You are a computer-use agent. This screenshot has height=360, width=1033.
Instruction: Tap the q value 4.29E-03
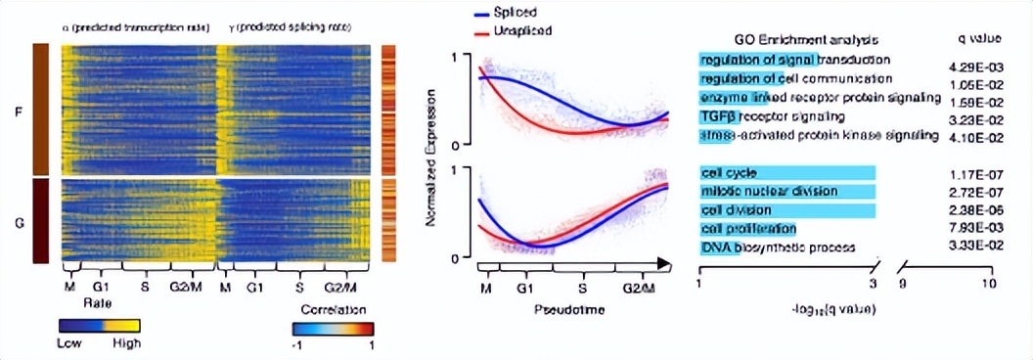click(x=978, y=62)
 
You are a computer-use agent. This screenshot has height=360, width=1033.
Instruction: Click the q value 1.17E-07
click(x=978, y=174)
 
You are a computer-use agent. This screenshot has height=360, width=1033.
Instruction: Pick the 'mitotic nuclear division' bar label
click(x=760, y=192)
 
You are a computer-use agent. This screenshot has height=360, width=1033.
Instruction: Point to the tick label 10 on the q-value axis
click(x=988, y=283)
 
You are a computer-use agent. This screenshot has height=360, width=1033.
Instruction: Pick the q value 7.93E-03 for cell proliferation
click(x=978, y=229)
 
